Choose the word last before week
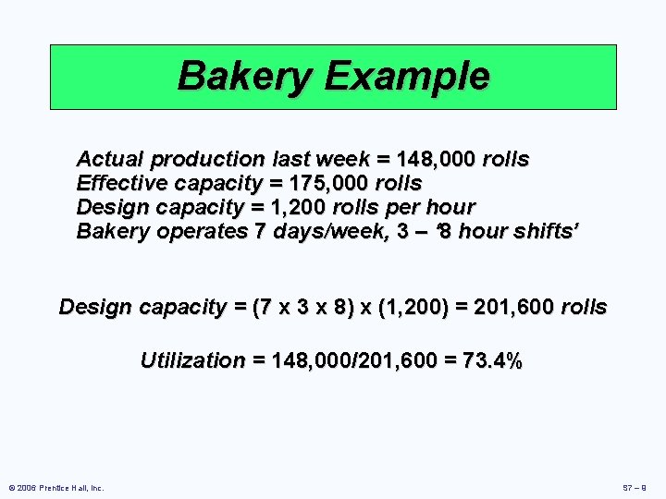(292, 159)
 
